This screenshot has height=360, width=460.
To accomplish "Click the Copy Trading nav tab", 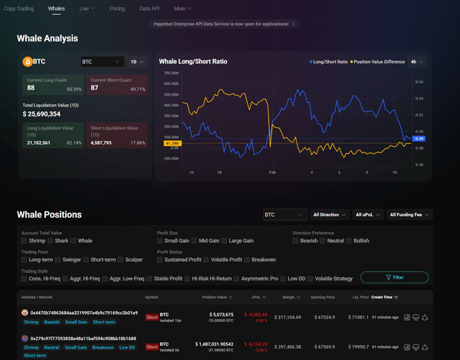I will point(19,8).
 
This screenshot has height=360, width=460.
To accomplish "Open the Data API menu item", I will point(149,8).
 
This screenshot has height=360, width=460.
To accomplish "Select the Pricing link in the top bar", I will point(117,8).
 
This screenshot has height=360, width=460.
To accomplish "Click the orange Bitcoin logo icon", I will point(28,61).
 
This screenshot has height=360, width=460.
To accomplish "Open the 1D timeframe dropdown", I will point(137,61).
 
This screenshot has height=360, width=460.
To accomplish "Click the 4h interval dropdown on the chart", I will point(417,61).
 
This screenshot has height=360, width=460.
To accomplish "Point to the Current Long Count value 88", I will point(31,88).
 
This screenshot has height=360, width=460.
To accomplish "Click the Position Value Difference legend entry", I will point(379,61).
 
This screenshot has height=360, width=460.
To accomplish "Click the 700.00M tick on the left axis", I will point(171,74).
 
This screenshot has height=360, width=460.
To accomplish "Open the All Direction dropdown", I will point(330,215).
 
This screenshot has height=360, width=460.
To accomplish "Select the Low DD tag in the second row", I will point(127,347).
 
